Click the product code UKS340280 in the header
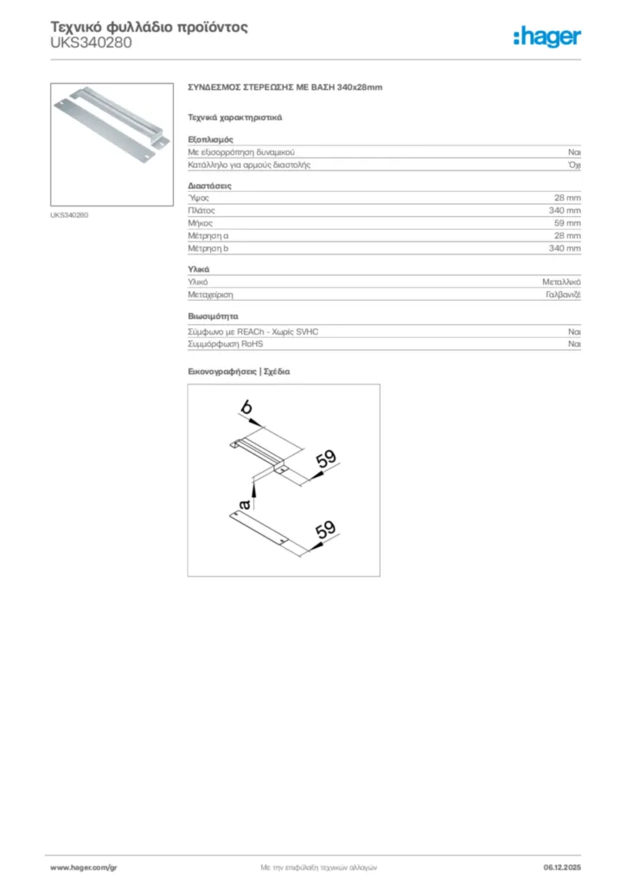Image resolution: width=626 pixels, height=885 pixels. click(92, 41)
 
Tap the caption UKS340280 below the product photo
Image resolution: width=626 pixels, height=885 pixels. click(70, 214)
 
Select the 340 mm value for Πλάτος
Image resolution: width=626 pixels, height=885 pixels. click(565, 211)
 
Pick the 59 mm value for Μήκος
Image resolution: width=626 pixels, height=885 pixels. click(567, 223)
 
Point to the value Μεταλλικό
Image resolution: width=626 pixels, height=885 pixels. click(561, 283)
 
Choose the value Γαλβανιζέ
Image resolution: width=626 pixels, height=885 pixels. click(563, 295)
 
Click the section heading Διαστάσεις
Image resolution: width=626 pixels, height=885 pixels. click(209, 186)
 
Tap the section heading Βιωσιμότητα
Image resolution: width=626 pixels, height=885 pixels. click(213, 316)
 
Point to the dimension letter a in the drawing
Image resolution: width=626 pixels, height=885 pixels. click(245, 503)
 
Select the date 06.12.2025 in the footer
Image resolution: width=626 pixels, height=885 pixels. click(562, 867)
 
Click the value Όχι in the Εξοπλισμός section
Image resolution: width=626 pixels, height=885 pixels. click(574, 164)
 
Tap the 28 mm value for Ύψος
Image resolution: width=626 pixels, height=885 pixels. click(567, 198)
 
